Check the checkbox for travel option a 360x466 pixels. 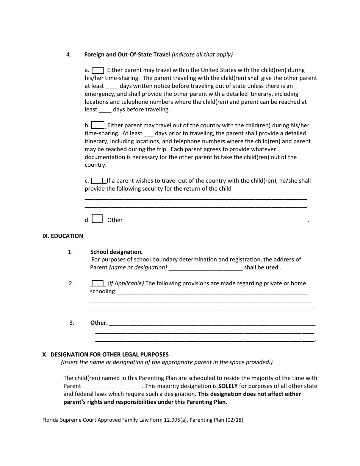point(98,70)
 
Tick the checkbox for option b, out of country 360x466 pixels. point(98,125)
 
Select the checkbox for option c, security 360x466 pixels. point(97,181)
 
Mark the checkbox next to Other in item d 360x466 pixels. point(97,219)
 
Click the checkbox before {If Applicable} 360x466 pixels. point(98,283)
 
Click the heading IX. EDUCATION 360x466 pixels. point(63,236)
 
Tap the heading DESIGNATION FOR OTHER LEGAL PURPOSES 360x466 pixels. point(110,355)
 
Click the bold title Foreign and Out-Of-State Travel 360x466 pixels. point(127,54)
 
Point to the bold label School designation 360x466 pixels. point(116,252)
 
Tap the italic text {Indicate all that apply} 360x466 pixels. point(202,54)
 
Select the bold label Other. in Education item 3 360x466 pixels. point(99,323)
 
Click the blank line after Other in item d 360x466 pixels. point(216,220)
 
